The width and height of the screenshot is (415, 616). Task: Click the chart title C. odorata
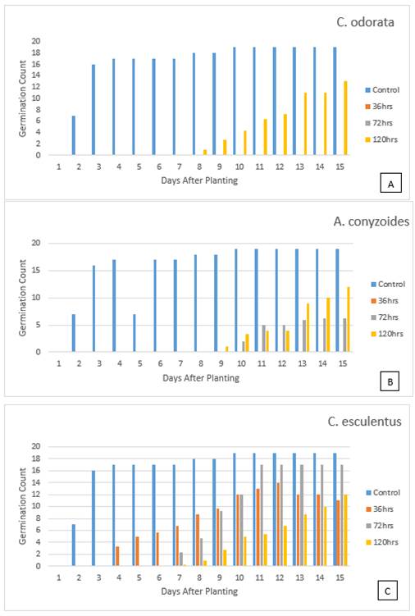(x=365, y=22)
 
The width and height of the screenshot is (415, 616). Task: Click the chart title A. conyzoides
(x=372, y=221)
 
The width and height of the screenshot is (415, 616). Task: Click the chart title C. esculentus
(x=364, y=422)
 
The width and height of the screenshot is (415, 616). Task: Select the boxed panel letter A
(x=390, y=184)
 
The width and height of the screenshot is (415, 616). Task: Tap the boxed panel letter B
(x=390, y=381)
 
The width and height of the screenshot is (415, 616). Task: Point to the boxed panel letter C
(x=387, y=591)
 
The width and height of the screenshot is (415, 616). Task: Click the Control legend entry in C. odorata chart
(x=382, y=90)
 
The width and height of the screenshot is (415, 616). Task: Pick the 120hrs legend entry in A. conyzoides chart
(x=387, y=334)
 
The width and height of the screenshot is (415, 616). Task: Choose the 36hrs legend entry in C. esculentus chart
(x=380, y=509)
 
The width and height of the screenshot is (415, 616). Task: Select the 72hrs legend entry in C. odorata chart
(x=379, y=123)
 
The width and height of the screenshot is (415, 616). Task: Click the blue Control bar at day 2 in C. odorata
(x=74, y=135)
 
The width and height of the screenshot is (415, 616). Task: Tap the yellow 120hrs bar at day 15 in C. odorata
(x=346, y=118)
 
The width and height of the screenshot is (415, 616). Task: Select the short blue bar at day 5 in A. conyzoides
(x=135, y=333)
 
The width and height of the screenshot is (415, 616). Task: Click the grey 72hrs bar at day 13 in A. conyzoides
(x=304, y=336)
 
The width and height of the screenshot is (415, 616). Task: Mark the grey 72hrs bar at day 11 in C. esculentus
(x=262, y=515)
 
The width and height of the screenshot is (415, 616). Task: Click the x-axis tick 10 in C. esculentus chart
(x=239, y=577)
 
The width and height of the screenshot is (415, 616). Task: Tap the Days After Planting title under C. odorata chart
(x=199, y=180)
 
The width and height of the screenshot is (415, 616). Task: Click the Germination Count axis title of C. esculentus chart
(x=22, y=506)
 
